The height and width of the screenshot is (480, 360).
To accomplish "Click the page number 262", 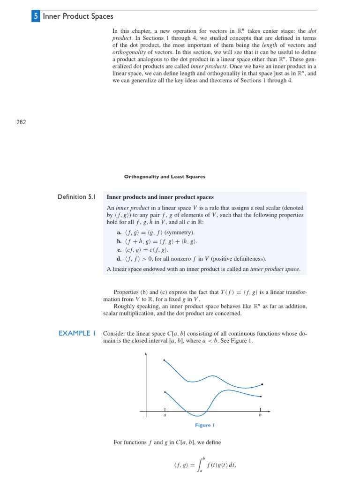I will coord(21,122).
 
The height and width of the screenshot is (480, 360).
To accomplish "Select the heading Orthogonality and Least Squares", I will coord(164,177).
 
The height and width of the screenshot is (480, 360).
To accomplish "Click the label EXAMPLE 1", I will coord(77,333).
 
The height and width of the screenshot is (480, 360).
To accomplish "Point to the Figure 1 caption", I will coord(204,425).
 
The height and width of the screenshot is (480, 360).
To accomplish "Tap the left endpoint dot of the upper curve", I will coord(164,360).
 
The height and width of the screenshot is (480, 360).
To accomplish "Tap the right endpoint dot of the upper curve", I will coord(262,384).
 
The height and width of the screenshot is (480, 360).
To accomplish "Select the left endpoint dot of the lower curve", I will coord(165,391).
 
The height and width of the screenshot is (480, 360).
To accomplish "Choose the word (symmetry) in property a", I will coord(180,232).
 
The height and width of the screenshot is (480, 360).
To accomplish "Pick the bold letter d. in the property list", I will coord(120,259).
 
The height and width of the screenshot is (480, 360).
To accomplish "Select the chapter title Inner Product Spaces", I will coord(78,16).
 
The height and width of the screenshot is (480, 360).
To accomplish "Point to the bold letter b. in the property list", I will coord(120,241).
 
